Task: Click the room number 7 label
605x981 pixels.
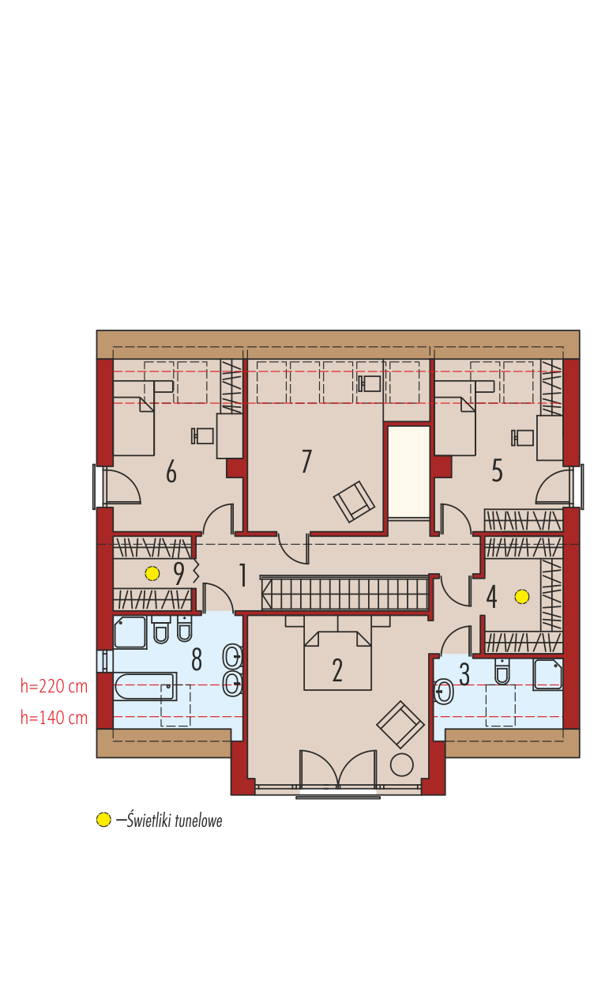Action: coord(306,461)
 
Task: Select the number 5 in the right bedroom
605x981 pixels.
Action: coord(497,471)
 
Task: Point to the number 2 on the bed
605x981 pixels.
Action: coord(336,670)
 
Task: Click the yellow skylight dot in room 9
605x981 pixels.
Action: coord(152,573)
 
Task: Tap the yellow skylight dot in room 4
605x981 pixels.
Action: coord(522,597)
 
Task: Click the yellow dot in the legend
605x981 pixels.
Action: coord(103,820)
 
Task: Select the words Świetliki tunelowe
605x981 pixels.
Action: coord(175,821)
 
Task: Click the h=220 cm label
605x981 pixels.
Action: coord(54,686)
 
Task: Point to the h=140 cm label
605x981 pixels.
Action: coord(54,718)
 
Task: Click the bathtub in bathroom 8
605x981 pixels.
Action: coord(145,686)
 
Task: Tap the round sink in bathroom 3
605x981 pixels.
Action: coord(444,692)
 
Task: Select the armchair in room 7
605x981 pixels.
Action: coord(354,501)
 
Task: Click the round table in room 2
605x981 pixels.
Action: coord(401,764)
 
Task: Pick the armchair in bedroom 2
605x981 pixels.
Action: coord(400,724)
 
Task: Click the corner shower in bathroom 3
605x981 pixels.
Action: coord(547,674)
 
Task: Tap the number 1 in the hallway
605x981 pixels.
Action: coord(242,575)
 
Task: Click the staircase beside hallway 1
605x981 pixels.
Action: coord(344,593)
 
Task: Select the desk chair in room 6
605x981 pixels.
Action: coord(202,436)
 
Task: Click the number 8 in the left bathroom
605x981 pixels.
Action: coord(197,659)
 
